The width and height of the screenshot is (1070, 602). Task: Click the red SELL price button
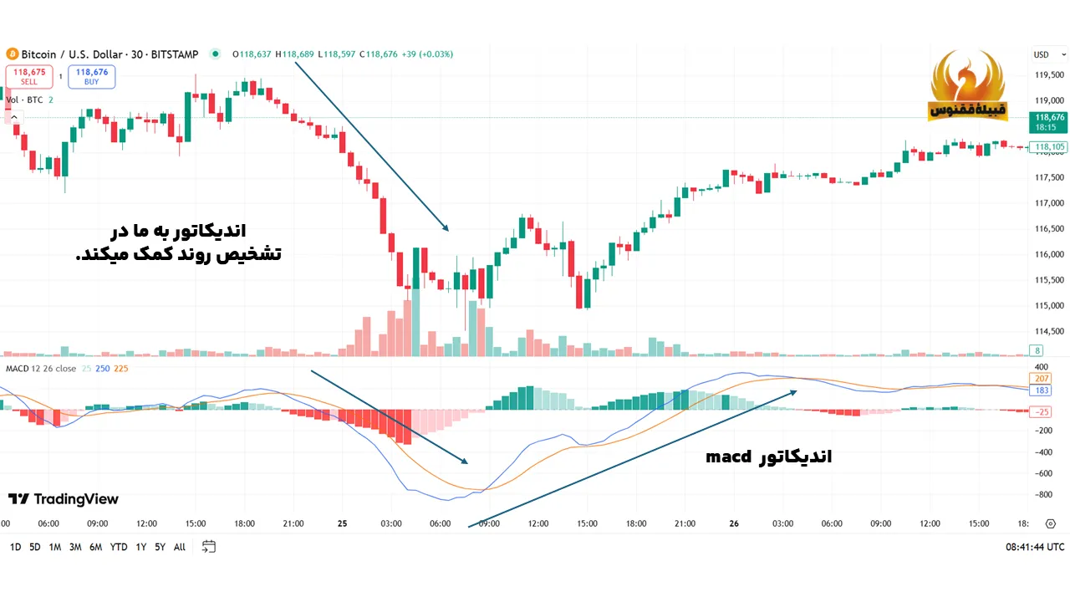click(x=29, y=77)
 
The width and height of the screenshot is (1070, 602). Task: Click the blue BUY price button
click(x=92, y=77)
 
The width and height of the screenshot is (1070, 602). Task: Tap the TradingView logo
click(x=64, y=499)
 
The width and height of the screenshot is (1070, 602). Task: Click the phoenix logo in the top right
click(x=968, y=86)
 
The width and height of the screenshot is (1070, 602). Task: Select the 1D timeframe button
click(x=15, y=547)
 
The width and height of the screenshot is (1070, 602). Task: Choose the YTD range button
click(x=119, y=547)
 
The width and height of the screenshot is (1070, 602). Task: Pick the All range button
click(x=180, y=547)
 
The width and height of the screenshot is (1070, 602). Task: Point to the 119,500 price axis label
click(x=1048, y=75)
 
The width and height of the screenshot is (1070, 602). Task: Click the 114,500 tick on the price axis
click(x=1048, y=331)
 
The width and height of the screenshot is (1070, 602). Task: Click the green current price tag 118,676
click(x=1049, y=122)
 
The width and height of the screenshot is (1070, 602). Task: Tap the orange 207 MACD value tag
click(x=1042, y=379)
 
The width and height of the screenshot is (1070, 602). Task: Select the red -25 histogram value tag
click(x=1042, y=411)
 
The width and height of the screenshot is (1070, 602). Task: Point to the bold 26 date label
click(x=734, y=523)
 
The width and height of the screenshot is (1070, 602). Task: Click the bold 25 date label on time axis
click(x=342, y=523)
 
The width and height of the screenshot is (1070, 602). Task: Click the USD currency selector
click(x=1041, y=54)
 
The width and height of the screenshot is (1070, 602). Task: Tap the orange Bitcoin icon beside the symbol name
click(x=12, y=54)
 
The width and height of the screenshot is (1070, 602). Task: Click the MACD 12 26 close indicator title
click(x=41, y=369)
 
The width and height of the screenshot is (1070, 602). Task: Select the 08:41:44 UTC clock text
click(x=1034, y=547)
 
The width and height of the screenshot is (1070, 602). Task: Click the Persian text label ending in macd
click(x=768, y=457)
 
